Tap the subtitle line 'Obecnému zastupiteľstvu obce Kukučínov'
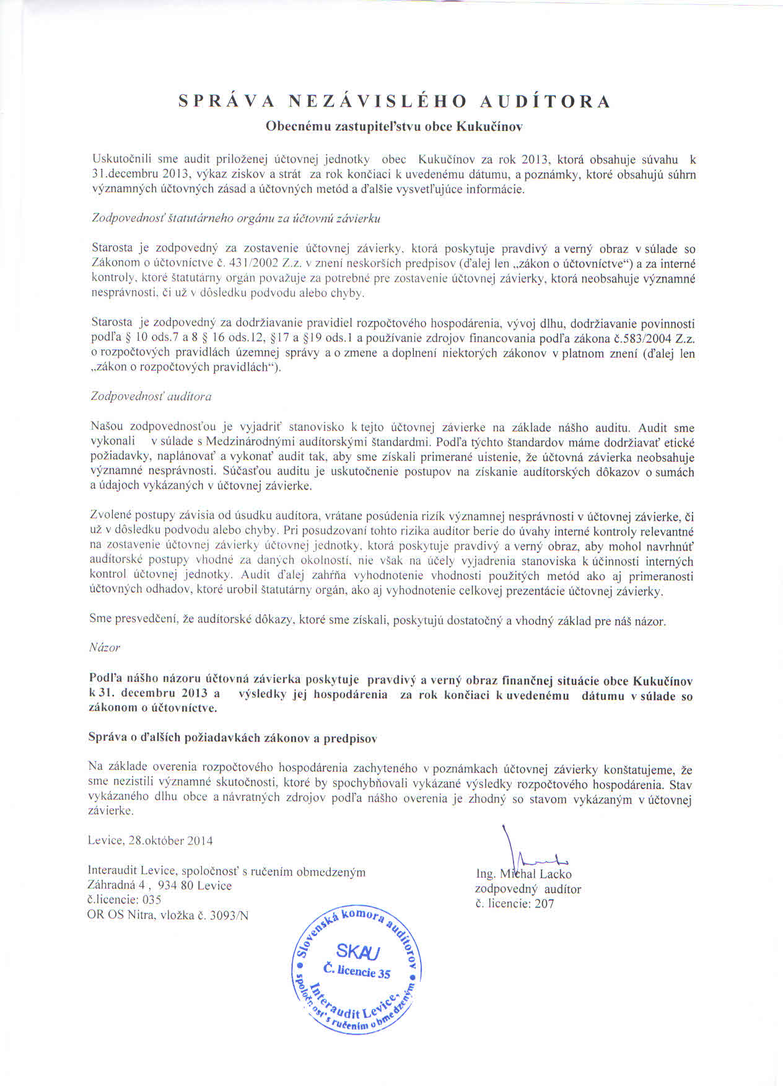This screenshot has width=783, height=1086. click(394, 126)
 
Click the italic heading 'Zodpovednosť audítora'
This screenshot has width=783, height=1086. click(151, 396)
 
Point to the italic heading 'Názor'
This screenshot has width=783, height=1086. click(105, 647)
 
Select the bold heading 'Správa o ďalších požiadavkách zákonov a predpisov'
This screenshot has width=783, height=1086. click(233, 738)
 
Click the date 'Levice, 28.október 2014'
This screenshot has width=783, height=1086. click(151, 841)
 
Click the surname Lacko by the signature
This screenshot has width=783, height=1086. click(555, 875)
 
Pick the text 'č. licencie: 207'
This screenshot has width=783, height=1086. click(515, 904)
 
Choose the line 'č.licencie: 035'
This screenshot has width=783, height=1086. click(125, 900)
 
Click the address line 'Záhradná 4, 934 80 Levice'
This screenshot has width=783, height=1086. click(160, 886)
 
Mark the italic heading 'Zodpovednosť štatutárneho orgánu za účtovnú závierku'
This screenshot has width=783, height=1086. click(235, 219)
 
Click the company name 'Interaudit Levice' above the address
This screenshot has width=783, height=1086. click(128, 872)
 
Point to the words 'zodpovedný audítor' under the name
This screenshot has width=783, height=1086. click(528, 890)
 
